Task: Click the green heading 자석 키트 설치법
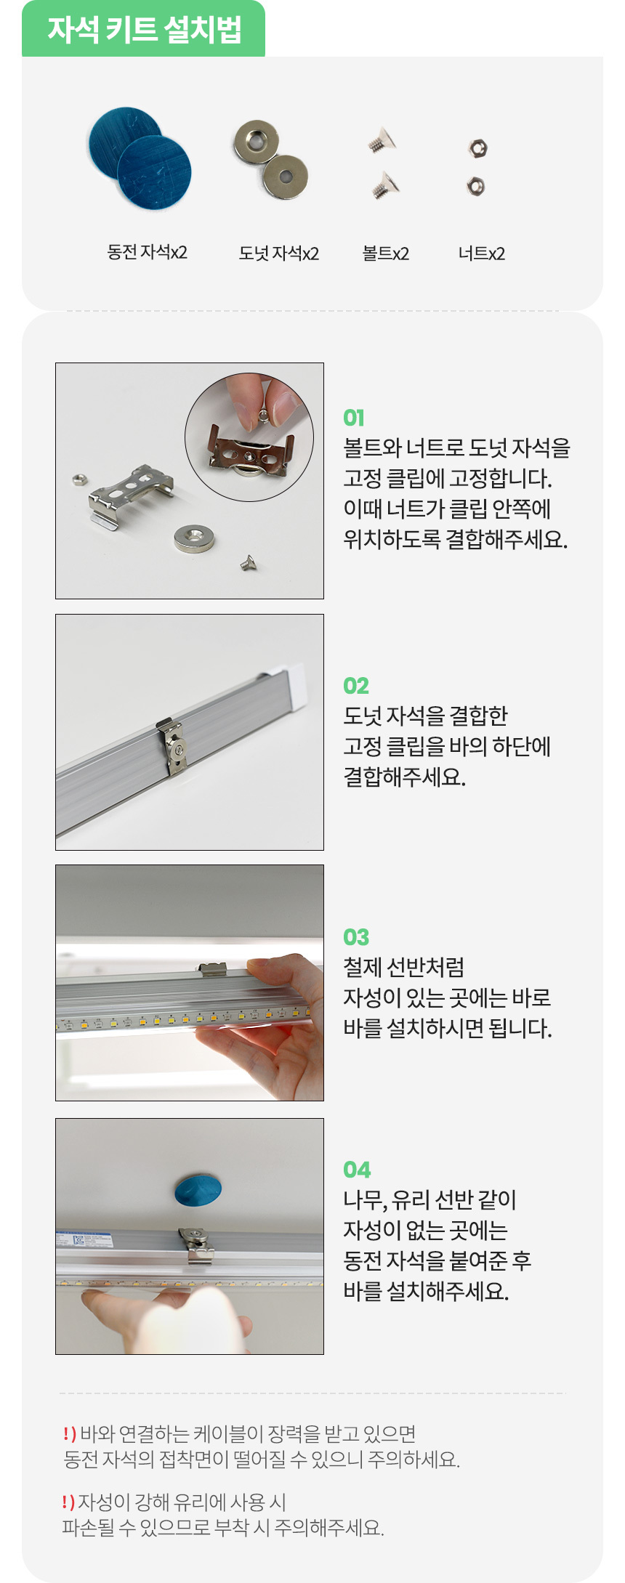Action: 145,29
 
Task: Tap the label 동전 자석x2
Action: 147,252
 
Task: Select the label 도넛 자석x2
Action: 278,254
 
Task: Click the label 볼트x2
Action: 385,254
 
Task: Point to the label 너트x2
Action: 481,254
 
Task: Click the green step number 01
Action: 354,418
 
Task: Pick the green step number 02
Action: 356,686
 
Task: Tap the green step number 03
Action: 356,937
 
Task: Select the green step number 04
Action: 357,1170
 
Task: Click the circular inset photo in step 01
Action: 249,437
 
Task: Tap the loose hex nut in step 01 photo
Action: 79,479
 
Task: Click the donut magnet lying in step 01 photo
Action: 193,538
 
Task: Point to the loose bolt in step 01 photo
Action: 249,562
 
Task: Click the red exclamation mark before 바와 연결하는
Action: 69,1433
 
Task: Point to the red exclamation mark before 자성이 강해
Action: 68,1501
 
